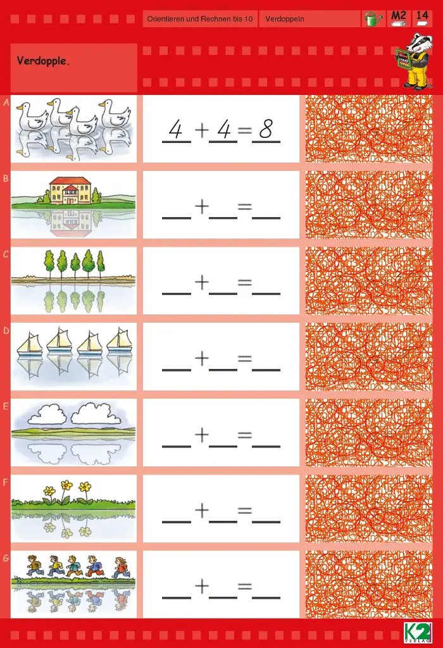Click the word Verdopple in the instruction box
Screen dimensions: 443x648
pos(42,61)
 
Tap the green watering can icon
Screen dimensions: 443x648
pos(373,19)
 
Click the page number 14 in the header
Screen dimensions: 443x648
pos(422,15)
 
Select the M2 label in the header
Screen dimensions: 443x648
pos(399,16)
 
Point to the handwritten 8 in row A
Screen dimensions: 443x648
pos(266,129)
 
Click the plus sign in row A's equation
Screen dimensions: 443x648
pos(202,130)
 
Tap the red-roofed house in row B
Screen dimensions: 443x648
pos(70,191)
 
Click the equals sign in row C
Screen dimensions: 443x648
pos(245,283)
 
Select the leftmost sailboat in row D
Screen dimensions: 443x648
pos(29,343)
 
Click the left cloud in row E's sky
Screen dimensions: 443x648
pos(46,414)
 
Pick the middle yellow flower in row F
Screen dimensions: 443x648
pos(66,491)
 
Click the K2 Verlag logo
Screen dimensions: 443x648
pos(418,633)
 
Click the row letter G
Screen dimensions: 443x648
pos(6,558)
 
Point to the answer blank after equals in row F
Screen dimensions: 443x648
pos(266,522)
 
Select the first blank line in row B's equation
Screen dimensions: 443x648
pos(177,218)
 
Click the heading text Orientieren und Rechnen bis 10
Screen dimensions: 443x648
pos(199,19)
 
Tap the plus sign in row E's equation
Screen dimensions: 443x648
pos(202,434)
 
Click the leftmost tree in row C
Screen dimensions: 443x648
pos(49,265)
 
